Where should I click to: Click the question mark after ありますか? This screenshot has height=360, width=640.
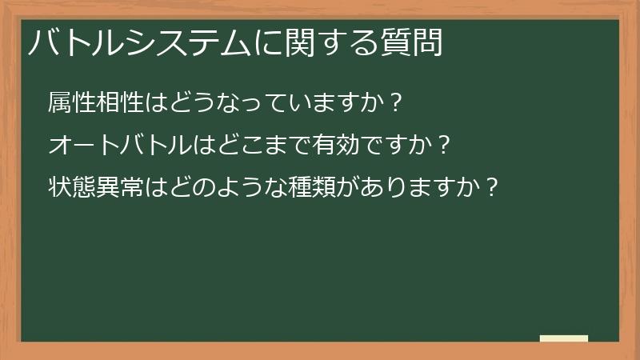coord(492,189)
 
